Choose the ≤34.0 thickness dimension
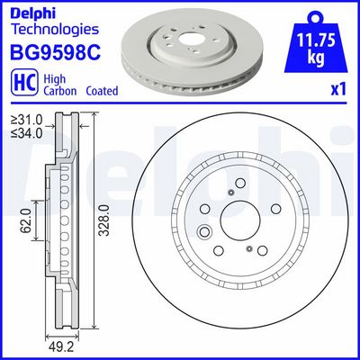[21, 135]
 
